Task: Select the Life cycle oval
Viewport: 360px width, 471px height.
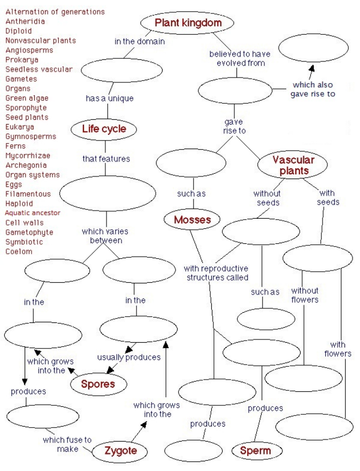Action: (104, 129)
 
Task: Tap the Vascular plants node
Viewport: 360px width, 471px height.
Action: (294, 165)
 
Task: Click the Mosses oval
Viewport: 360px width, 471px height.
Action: (193, 219)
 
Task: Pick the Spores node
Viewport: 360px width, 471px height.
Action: (98, 384)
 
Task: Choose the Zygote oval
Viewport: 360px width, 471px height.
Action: (120, 451)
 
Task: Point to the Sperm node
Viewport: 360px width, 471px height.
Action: (255, 451)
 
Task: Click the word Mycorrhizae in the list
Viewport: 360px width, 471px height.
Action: (28, 156)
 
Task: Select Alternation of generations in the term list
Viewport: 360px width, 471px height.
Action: (55, 12)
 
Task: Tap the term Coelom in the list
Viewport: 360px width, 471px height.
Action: (19, 251)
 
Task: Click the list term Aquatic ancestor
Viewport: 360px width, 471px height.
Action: (33, 213)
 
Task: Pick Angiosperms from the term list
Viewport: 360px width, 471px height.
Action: (29, 50)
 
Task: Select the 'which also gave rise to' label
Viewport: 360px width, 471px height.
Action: (313, 89)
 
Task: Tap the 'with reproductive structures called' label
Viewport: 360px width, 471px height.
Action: (216, 273)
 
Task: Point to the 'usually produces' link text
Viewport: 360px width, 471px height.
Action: (129, 357)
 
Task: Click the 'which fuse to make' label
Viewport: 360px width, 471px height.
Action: (67, 444)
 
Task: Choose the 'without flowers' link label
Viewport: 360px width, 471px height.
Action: (305, 295)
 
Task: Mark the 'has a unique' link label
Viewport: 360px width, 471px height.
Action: (110, 98)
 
